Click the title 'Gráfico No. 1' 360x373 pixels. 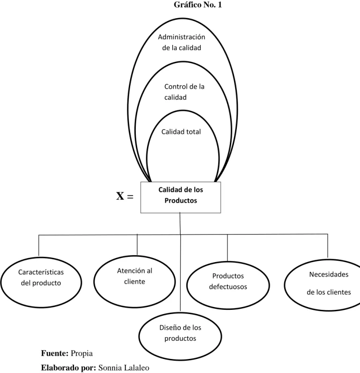pos(198,5)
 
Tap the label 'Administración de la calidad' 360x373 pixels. pos(182,42)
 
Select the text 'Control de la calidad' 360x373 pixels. pos(184,92)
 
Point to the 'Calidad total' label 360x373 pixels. pos(181,132)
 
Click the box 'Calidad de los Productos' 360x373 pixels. pos(181,197)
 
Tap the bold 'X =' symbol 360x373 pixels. pos(125,197)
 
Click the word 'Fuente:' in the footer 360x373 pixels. pos(55,353)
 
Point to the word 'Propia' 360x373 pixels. pos(81,353)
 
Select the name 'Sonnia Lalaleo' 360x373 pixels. pos(124,367)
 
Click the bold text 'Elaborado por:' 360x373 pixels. pos(68,368)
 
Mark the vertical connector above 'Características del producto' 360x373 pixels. pos(39,246)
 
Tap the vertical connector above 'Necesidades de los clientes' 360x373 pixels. pos(328,246)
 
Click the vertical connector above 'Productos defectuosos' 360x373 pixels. pos(227,248)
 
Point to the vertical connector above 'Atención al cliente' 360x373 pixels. pos(137,245)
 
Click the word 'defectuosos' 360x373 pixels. pos(228,286)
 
